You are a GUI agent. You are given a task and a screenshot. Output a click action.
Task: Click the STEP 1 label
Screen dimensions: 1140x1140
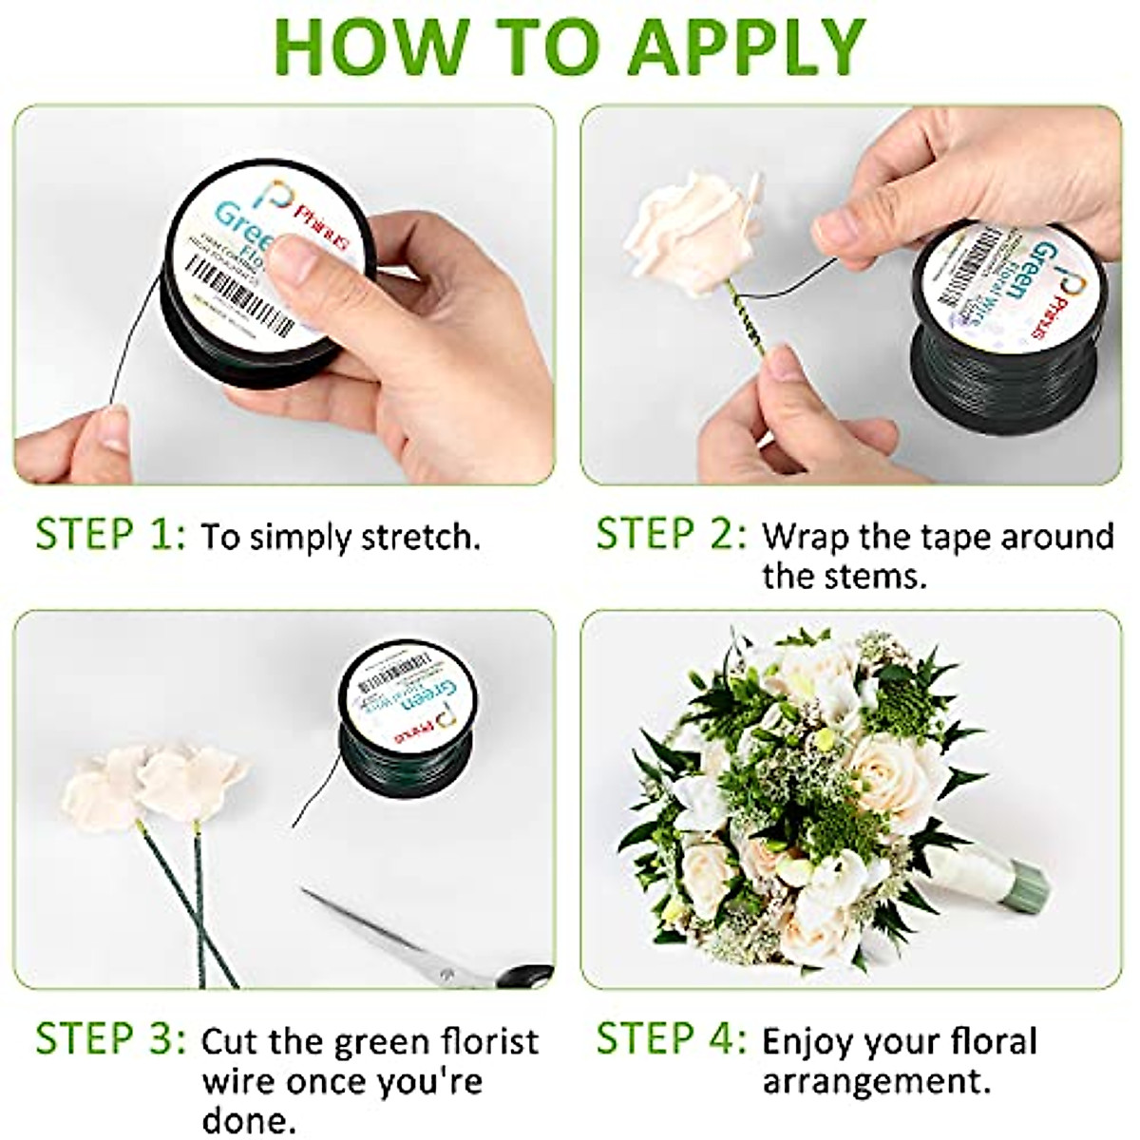[110, 535]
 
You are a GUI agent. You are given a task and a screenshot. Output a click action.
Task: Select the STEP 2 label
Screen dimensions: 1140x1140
[671, 535]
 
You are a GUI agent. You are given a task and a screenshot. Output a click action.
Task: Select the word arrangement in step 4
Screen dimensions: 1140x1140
[871, 1081]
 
